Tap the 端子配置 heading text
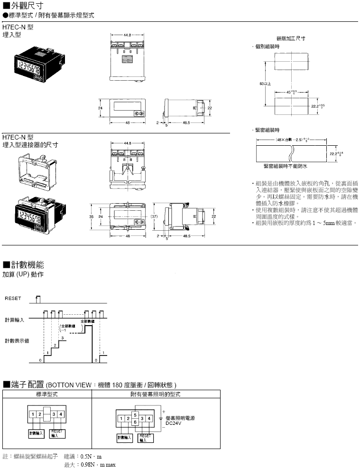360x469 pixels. [x=28, y=384]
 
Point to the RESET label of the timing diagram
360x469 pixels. [x=13, y=299]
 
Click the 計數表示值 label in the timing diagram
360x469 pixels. [x=17, y=340]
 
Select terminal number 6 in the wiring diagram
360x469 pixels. [x=135, y=422]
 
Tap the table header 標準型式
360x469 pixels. [x=47, y=394]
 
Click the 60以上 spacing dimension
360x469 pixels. [x=265, y=84]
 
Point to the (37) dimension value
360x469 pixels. [x=154, y=216]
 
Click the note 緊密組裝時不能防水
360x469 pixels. [x=286, y=166]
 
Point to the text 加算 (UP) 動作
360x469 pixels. [x=23, y=274]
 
